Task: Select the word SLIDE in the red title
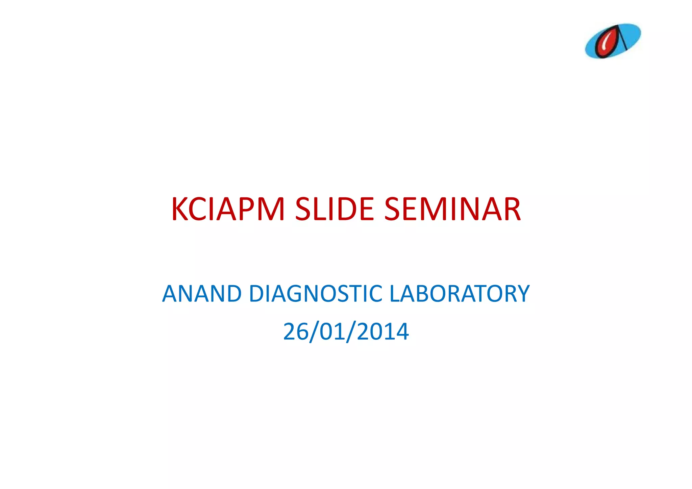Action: [x=335, y=210]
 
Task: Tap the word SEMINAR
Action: [x=452, y=210]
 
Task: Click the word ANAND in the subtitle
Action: [x=202, y=294]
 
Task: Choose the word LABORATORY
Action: [x=459, y=294]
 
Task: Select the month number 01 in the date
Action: [x=332, y=332]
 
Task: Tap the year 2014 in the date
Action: [x=382, y=332]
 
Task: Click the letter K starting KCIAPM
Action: [x=180, y=210]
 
